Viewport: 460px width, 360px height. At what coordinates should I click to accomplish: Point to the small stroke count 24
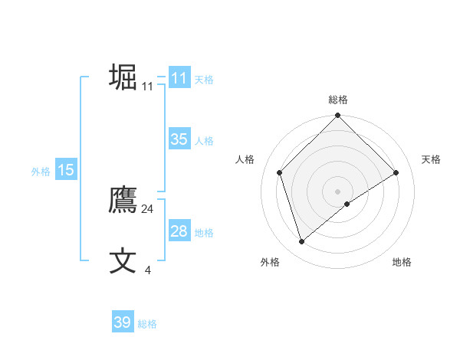[x=148, y=209]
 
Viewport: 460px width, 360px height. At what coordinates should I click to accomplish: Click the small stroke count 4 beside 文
[x=147, y=270]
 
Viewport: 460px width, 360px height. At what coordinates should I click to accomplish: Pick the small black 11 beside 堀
[x=148, y=87]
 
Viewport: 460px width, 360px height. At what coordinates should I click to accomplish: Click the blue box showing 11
[x=179, y=78]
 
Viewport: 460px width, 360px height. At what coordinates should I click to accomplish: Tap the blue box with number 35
[x=179, y=139]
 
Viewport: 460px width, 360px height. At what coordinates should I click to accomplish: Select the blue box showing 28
[x=179, y=231]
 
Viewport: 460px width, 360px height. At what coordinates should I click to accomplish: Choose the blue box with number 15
[x=66, y=170]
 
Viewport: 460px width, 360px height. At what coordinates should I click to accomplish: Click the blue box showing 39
[x=123, y=322]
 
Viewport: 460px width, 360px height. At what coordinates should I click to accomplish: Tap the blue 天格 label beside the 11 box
[x=204, y=80]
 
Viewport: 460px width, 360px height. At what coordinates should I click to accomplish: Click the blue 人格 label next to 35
[x=204, y=141]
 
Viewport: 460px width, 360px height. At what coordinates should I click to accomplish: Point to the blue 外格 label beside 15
[x=41, y=172]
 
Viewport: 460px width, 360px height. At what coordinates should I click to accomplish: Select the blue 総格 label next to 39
[x=147, y=324]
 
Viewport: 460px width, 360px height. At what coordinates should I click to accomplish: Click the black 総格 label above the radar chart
[x=338, y=100]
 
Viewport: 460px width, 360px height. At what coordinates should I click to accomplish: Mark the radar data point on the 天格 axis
[x=396, y=172]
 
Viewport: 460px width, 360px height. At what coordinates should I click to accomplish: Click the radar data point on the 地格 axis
[x=347, y=204]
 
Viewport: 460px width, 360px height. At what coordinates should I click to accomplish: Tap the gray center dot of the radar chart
[x=338, y=191]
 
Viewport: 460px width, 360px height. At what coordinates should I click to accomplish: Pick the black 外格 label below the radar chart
[x=270, y=262]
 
